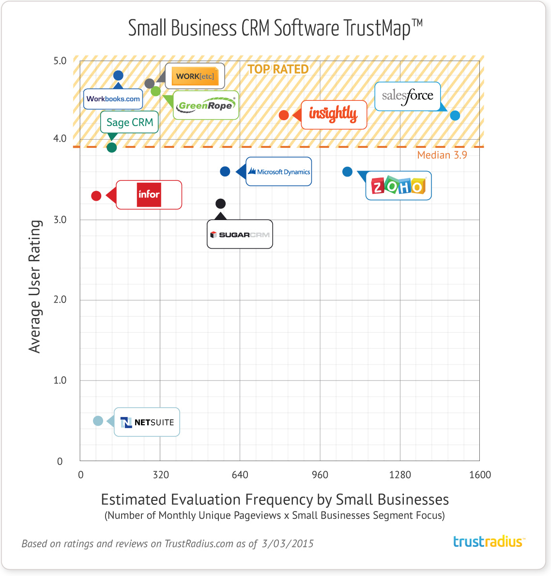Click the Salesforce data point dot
[x=455, y=115]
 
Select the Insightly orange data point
[x=284, y=115]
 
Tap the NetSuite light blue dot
[x=98, y=421]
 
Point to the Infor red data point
[x=96, y=196]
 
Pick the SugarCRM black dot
[x=220, y=204]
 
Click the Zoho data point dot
[x=347, y=172]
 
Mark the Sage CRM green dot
[x=111, y=147]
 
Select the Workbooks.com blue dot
[x=118, y=76]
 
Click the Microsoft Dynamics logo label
[x=279, y=172]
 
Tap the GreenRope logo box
[x=206, y=105]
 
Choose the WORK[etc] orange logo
[x=195, y=76]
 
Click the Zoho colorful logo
[x=398, y=186]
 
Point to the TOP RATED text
[x=278, y=69]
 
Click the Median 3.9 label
[x=442, y=155]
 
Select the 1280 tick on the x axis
[x=400, y=475]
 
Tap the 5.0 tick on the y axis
[x=60, y=61]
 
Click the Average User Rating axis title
[x=35, y=286]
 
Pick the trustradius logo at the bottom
[x=489, y=542]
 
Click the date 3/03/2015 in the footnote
[x=288, y=544]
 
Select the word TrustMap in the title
[x=377, y=29]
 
